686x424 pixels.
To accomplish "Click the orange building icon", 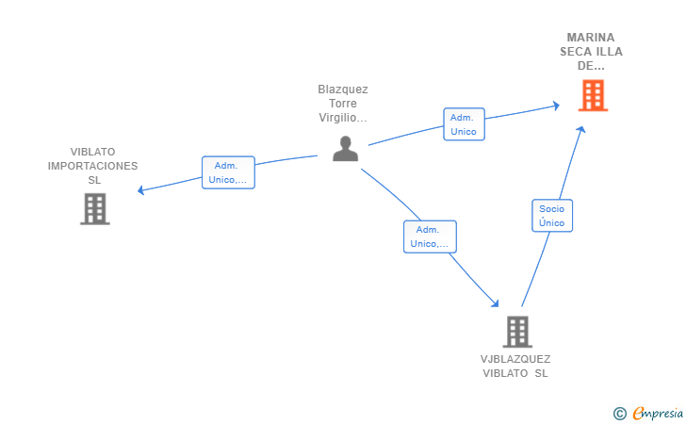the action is tap(593, 95).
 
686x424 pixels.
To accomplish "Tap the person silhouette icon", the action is tap(345, 149).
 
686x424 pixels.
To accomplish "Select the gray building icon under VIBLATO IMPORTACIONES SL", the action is tap(95, 209).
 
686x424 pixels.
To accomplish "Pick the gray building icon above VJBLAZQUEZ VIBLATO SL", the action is tap(517, 332).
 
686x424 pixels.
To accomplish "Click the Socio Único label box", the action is tap(552, 216).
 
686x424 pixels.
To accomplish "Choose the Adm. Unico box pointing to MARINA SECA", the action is tap(464, 124).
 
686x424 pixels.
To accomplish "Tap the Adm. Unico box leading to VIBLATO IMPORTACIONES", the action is tap(228, 172).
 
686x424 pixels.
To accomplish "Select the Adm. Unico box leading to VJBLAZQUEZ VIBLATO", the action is tap(430, 236).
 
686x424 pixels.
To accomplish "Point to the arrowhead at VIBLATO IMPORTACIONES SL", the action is tap(140, 190).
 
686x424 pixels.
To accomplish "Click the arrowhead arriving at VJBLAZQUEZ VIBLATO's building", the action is tap(495, 302).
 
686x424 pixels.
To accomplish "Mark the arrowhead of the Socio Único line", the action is tap(581, 129).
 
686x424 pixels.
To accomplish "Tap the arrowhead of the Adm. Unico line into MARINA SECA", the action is tap(556, 106).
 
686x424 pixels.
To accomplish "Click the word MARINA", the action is tap(591, 38).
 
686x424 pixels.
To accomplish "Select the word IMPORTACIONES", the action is tap(92, 166).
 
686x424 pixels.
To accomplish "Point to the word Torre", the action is tap(343, 104).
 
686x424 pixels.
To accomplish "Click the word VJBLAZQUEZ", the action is tap(515, 359).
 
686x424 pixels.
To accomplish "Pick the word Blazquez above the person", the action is tap(343, 90).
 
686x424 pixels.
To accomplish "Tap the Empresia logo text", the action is tap(658, 413).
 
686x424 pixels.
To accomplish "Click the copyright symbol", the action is tap(619, 414).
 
